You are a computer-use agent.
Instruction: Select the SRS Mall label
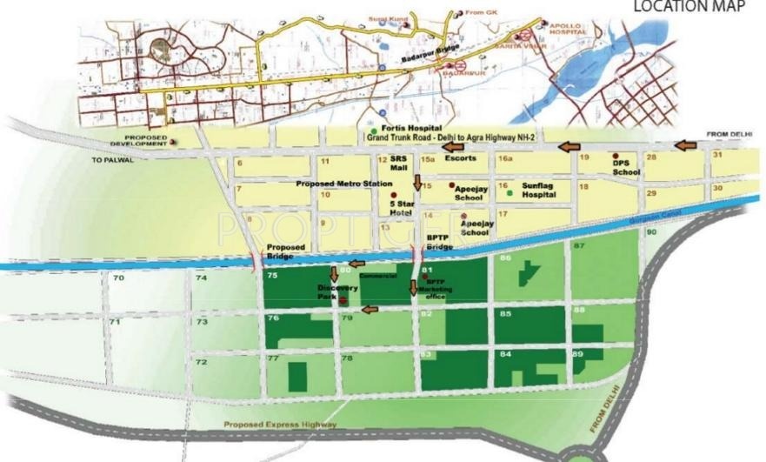398,164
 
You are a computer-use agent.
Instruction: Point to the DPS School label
626,167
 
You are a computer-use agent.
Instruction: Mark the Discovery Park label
332,291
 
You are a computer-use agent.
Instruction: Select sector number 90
650,233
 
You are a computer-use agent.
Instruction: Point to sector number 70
119,278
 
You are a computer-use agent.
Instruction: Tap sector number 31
717,155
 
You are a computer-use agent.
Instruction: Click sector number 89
578,354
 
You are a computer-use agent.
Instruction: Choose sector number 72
201,361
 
